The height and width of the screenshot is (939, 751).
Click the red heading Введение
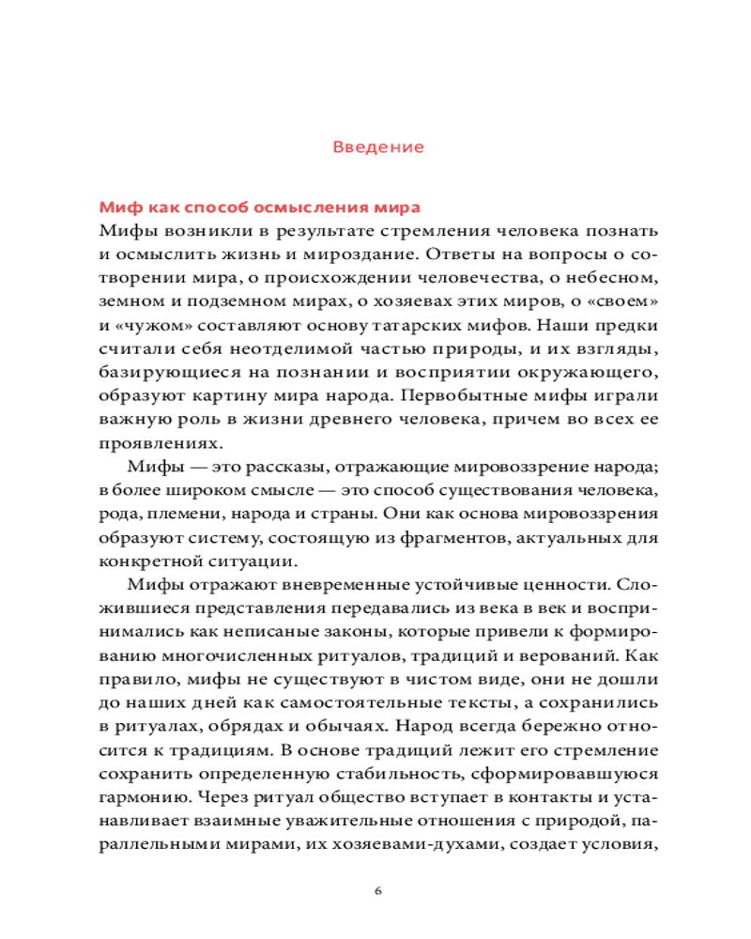[378, 147]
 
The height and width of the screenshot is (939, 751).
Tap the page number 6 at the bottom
[377, 889]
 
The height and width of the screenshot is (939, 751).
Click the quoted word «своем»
[618, 304]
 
